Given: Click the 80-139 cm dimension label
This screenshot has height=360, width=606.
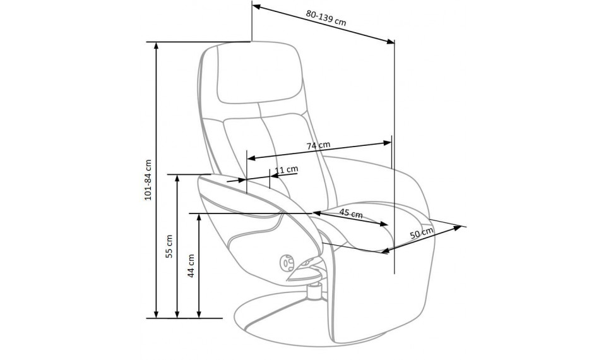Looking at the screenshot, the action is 326,18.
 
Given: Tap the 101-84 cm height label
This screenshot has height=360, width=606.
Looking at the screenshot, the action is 148,179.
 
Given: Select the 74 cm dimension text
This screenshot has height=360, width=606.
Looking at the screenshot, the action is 318,146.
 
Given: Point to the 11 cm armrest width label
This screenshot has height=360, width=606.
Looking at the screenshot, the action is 287,169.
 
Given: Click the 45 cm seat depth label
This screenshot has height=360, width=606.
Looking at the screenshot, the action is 351,213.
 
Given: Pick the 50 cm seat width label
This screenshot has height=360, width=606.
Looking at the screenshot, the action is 421,233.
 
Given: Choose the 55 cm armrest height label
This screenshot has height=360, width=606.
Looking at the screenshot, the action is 169,246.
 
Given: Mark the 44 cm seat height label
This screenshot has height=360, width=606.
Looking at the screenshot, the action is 191,265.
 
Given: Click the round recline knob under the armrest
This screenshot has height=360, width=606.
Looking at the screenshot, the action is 286,263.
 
